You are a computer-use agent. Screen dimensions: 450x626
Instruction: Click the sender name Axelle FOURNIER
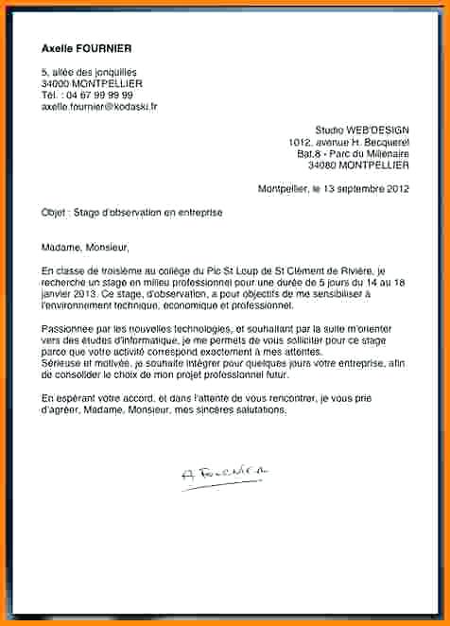pos(87,48)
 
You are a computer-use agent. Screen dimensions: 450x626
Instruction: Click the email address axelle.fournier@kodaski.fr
pos(99,107)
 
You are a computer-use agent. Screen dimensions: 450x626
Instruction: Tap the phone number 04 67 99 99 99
pos(99,96)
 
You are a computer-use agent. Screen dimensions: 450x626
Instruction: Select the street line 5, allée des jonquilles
pos(90,72)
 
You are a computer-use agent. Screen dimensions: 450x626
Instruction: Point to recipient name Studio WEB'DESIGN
pos(362,130)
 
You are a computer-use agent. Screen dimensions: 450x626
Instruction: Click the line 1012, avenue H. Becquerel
pos(349,141)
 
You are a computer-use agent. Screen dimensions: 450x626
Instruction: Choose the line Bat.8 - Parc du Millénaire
pos(353,152)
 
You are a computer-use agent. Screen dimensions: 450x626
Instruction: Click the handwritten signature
pos(224,471)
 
